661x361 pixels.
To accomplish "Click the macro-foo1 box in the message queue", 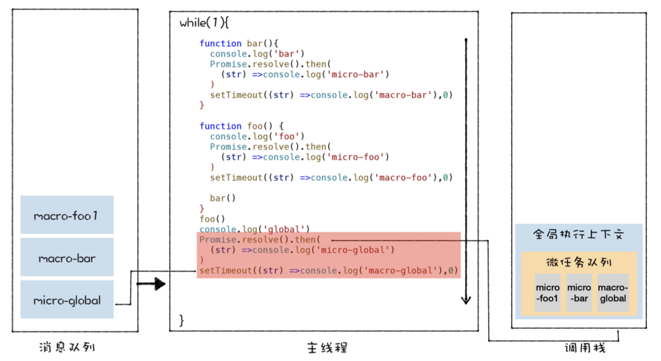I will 66,216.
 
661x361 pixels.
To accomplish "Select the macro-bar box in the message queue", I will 66,258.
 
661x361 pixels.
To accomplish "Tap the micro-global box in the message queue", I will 66,301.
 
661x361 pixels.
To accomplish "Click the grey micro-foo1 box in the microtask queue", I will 548,293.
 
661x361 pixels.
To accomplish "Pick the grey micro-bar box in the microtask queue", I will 579,293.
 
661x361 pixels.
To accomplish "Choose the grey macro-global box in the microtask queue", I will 613,293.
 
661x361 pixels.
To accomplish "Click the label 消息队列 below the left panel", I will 66,347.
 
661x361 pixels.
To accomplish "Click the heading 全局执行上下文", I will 578,235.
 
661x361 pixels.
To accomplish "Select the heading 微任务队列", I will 579,262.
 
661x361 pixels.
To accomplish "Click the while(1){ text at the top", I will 204,23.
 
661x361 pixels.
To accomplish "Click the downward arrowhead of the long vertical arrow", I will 466,300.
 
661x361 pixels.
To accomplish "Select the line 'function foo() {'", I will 241,126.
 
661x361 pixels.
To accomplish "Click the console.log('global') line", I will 255,229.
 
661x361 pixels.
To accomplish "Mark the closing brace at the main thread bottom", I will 182,320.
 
